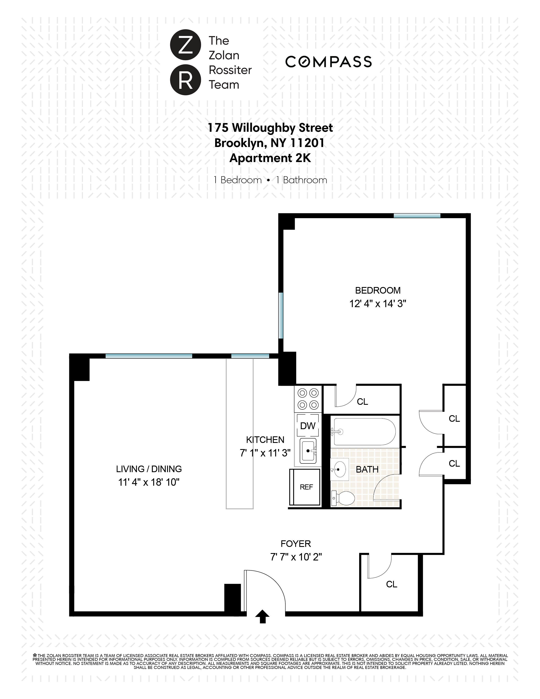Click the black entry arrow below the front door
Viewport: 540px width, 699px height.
coord(262,616)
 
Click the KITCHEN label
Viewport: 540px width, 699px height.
coord(265,440)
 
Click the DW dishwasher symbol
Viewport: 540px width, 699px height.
coord(308,426)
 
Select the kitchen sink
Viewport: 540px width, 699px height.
coord(308,451)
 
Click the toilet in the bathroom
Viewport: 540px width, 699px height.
coord(343,498)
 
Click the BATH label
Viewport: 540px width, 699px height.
coord(367,470)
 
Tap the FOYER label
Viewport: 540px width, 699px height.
coord(296,544)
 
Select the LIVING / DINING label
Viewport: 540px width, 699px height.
coord(149,469)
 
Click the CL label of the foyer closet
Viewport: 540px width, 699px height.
coord(392,584)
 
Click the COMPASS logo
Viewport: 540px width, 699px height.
coord(328,62)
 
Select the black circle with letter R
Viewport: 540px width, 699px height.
coord(186,80)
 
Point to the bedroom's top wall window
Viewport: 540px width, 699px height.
coord(417,216)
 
